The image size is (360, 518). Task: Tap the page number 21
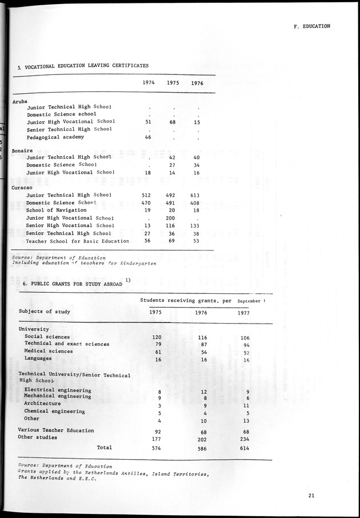311,496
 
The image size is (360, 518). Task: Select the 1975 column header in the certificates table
173,83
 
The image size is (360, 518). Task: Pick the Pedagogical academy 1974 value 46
148,137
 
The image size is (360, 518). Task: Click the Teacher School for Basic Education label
78,241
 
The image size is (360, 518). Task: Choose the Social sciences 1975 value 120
156,338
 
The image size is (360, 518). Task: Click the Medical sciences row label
49,351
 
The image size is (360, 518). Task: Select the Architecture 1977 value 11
246,405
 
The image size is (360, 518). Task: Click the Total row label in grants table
104,447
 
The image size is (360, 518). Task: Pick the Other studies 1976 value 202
201,439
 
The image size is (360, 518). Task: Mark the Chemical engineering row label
55,411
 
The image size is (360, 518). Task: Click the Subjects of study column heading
45,312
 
